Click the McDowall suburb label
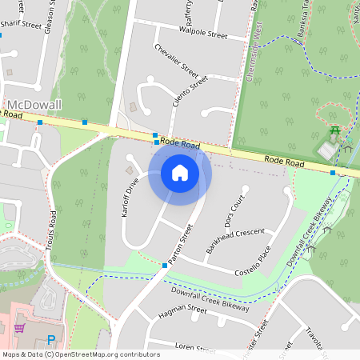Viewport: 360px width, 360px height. tap(34, 105)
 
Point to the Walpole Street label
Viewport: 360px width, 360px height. tap(204, 35)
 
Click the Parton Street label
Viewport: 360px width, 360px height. tap(182, 244)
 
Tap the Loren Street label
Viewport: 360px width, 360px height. tap(195, 349)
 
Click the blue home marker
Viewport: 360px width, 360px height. tap(180, 173)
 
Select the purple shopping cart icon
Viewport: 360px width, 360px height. tap(19, 327)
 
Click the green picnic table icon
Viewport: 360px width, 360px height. tap(336, 131)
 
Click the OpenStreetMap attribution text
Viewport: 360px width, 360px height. tap(81, 354)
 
